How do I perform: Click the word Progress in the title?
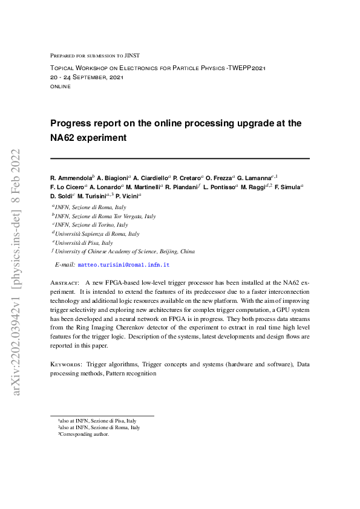(x=74, y=123)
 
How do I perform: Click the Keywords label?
(x=66, y=365)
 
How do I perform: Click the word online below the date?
(x=60, y=86)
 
